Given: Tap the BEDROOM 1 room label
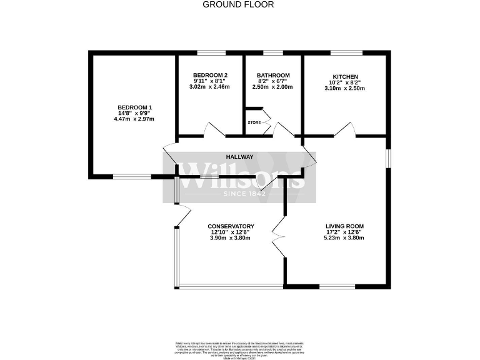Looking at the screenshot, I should pos(134,107).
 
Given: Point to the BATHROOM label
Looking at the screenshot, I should pos(273,75).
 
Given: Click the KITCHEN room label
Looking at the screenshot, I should pos(344,76).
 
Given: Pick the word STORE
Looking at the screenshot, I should pos(254,122).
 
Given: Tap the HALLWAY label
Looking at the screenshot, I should pos(239,157).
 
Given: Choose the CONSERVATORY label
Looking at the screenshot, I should pos(231,226).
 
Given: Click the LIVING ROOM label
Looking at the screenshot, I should pos(344,226).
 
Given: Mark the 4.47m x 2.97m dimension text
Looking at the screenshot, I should pos(134,119).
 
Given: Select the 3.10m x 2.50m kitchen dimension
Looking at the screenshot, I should pos(344,88).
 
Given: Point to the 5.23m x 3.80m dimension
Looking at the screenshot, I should pos(344,238).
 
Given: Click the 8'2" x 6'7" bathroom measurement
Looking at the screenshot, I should pos(273,81).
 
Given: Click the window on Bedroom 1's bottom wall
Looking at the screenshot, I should pos(132,177).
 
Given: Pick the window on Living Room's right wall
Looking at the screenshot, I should pos(389,158).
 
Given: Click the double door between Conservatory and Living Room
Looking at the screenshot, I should pos(279,237).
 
